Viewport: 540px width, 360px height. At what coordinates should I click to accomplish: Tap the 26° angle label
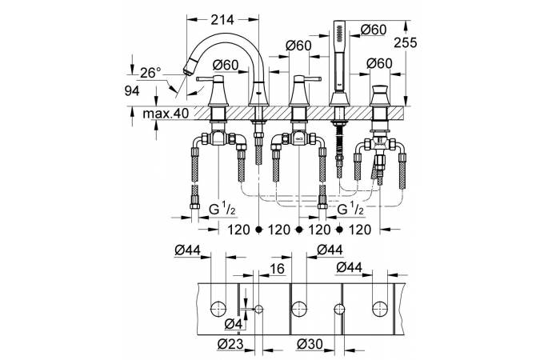(150, 72)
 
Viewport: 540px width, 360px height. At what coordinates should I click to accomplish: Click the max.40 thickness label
(166, 114)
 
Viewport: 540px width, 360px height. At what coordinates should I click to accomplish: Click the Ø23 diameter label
(230, 344)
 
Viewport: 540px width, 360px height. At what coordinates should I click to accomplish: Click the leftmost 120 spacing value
(237, 230)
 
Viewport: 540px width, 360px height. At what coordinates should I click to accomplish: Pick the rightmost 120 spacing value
(361, 230)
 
